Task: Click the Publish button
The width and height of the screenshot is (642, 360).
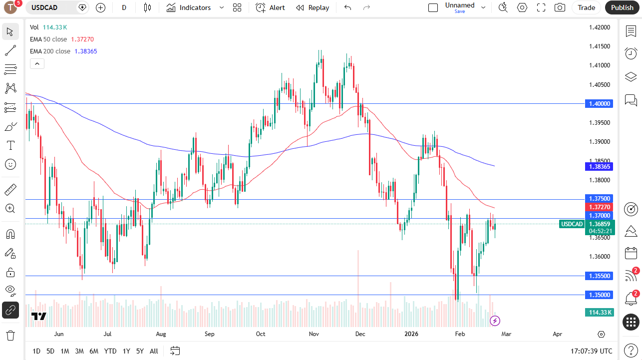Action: click(622, 7)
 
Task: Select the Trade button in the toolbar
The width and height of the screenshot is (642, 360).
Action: click(587, 7)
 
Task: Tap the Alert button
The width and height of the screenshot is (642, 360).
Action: click(271, 7)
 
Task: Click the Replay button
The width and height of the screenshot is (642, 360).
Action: click(313, 7)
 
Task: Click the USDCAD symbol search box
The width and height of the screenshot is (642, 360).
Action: click(55, 7)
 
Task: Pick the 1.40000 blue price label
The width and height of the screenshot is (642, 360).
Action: click(599, 103)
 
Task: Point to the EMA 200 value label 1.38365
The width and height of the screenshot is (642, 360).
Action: click(599, 166)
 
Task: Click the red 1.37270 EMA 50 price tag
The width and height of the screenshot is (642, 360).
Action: click(599, 207)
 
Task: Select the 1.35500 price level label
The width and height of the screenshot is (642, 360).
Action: click(599, 276)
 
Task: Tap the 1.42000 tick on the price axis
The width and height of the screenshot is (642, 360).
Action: click(599, 27)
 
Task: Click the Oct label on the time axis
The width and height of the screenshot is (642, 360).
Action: click(260, 334)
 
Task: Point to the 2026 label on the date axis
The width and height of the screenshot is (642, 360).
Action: click(411, 334)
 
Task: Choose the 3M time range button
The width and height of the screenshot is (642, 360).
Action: click(79, 351)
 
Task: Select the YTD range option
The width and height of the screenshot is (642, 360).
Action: click(110, 351)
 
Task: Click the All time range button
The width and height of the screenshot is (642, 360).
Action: click(154, 351)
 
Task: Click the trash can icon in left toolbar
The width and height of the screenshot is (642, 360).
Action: click(10, 335)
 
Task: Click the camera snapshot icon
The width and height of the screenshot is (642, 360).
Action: click(560, 7)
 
